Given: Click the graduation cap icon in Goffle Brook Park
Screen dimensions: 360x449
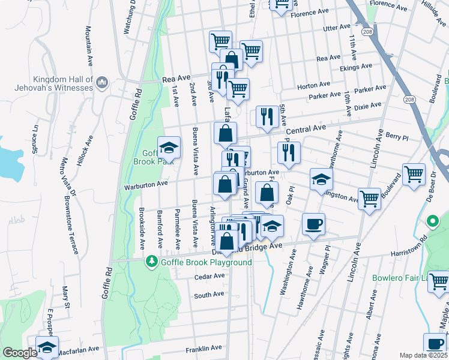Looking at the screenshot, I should click(169, 146).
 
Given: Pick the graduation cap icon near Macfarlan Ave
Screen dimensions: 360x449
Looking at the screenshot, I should click(47, 347).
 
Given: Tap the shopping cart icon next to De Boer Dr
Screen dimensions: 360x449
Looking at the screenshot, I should click(414, 174).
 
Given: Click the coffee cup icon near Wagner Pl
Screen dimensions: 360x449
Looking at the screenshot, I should click(313, 224).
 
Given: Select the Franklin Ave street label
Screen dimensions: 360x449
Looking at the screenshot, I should click(204, 349).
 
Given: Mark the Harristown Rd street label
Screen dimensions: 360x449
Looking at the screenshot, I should click(407, 247).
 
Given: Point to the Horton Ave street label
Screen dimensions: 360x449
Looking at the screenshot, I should click(313, 85).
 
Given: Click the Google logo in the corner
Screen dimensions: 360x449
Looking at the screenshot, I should click(20, 353).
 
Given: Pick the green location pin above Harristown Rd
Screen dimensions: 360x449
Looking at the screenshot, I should click(432, 222).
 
